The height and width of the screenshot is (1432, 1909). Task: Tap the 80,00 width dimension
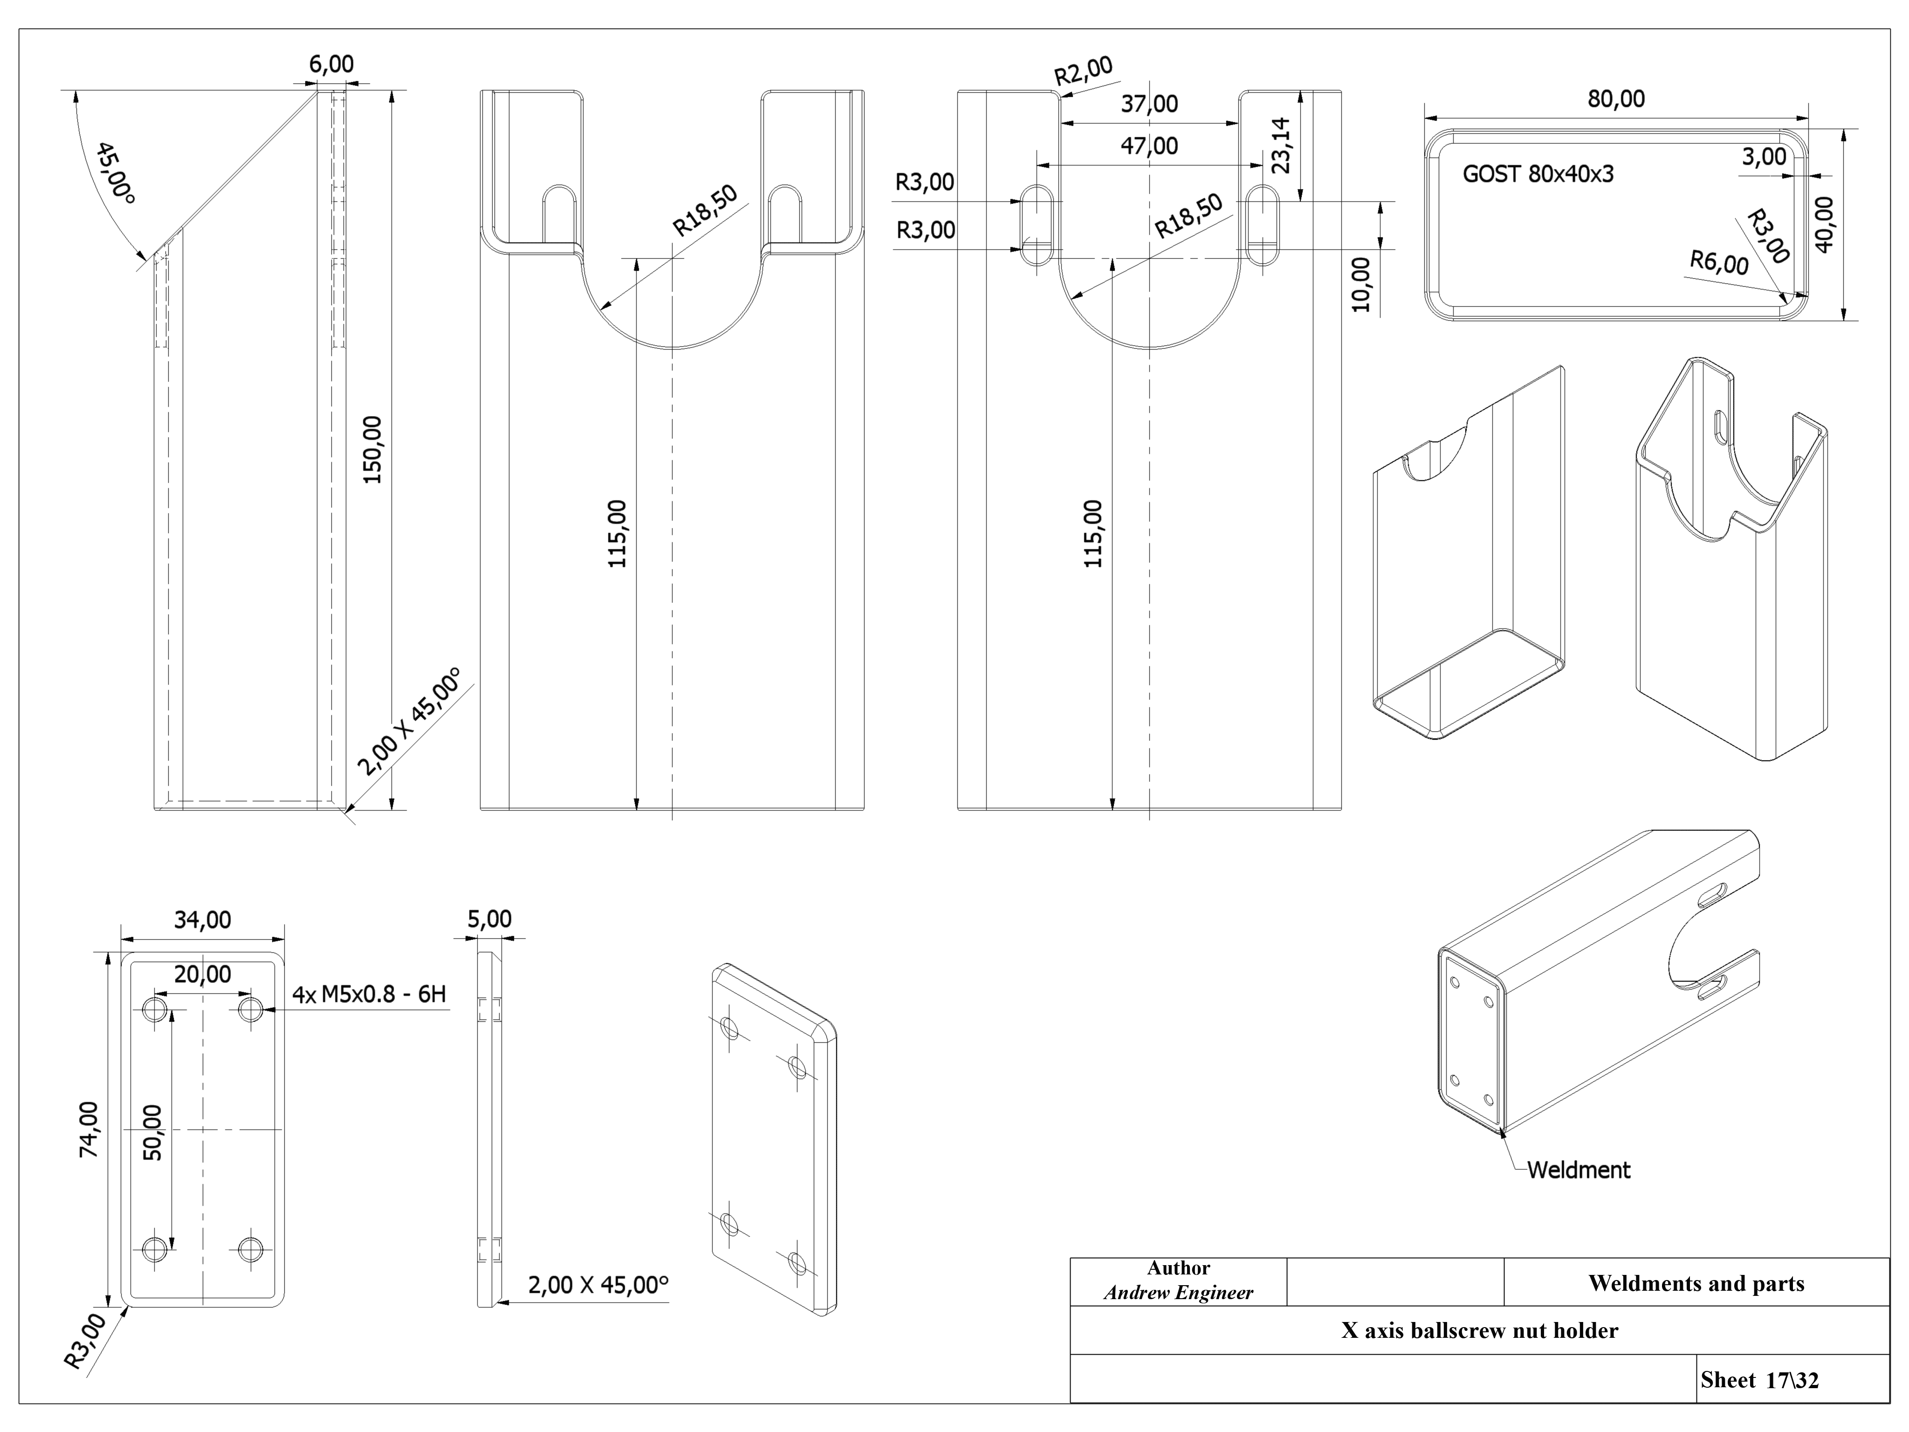coord(1615,99)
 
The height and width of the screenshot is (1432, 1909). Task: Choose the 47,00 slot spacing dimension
coord(1149,146)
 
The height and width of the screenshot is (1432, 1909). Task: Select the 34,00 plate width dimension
coord(203,920)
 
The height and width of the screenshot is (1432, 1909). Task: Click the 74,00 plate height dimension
coord(89,1129)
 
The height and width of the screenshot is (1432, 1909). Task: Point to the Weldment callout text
coord(1579,1170)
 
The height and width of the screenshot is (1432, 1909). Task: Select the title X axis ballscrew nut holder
coord(1479,1330)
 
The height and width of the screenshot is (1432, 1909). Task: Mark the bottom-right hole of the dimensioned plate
coord(250,1248)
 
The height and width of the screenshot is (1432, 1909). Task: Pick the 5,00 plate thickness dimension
coord(489,919)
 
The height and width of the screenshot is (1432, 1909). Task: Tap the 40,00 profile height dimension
coord(1825,224)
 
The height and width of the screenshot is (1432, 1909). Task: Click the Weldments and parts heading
coord(1696,1284)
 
